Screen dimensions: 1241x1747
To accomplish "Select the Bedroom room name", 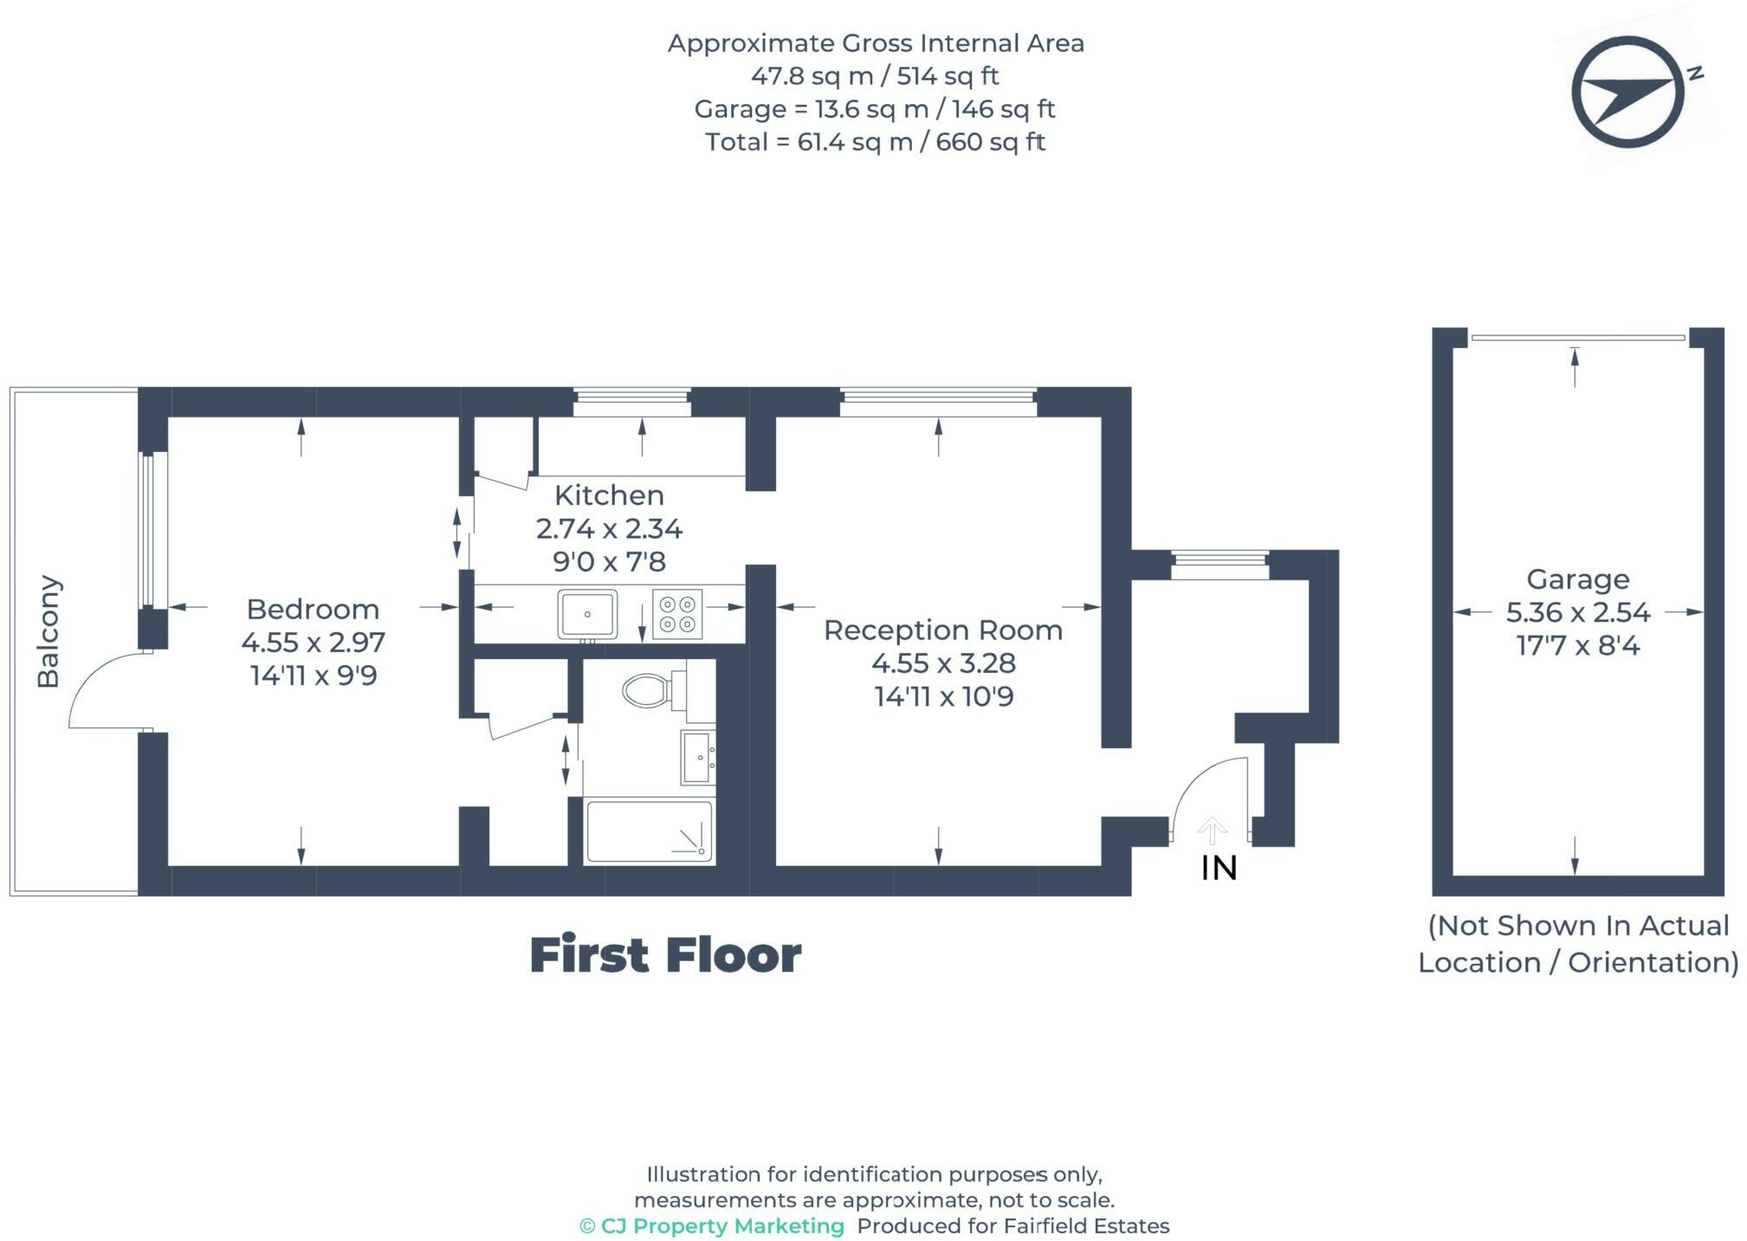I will coord(313,609).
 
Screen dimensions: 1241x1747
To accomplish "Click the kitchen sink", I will coord(587,614).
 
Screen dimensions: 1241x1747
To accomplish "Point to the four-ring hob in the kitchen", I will coord(677,614).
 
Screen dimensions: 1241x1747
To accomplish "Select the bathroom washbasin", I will coord(697,758).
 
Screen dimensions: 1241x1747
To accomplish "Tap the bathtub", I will coord(649,831).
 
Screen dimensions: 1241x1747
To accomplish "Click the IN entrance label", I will coord(1218,868).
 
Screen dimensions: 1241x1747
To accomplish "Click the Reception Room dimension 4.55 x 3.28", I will coord(943,663).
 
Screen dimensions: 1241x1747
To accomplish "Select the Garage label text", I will coord(1577,578).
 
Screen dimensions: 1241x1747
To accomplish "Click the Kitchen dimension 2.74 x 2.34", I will coord(609,528).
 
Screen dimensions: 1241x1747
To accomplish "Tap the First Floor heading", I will coord(665,955).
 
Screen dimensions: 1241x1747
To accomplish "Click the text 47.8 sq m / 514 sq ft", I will coord(875,76).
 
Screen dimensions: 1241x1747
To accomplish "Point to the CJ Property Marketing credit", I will coord(712,1226).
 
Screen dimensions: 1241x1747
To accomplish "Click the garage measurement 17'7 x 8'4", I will coord(1577,646).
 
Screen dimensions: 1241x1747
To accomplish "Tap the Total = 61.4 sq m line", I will coord(875,142).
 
